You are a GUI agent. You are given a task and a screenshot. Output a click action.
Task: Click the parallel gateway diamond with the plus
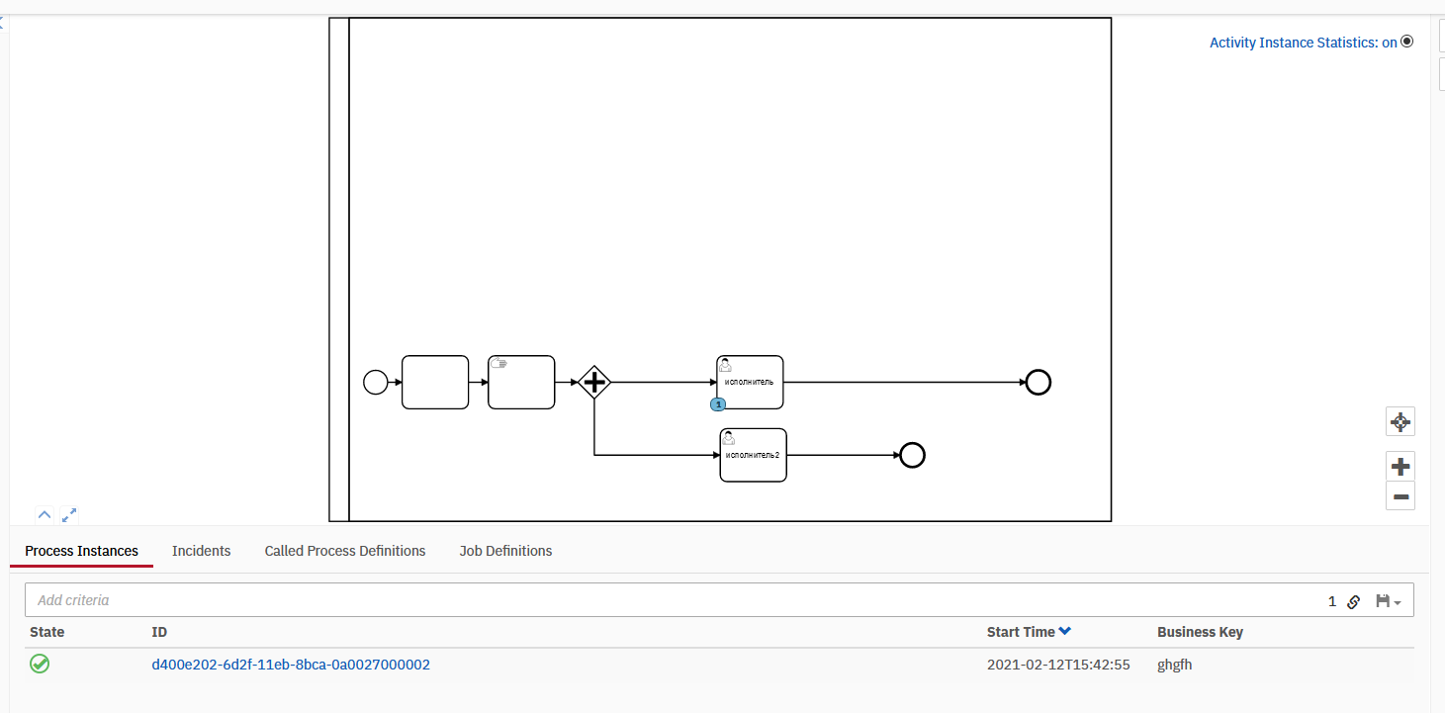coord(594,382)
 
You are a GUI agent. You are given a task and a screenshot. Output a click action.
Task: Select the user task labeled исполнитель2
coord(753,455)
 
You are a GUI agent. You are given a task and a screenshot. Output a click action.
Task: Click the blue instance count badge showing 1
coord(718,404)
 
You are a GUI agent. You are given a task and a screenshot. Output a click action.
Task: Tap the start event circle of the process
coord(376,382)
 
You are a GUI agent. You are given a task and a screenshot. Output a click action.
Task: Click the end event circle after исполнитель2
coord(912,455)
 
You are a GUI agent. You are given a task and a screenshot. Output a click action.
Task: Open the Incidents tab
coord(201,551)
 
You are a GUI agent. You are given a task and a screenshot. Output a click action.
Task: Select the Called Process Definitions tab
coord(345,551)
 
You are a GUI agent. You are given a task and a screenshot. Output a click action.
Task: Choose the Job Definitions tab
coord(505,551)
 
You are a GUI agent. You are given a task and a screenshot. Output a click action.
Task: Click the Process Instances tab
coord(81,551)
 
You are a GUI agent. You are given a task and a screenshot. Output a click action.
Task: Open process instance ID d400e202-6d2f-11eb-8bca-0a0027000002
coord(291,665)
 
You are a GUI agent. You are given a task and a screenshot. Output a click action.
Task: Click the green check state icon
coord(40,664)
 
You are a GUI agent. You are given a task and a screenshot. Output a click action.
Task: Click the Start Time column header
coord(1021,632)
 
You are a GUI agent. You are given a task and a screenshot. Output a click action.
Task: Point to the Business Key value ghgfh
coord(1175,665)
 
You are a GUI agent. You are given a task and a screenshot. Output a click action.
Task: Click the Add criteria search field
coord(671,600)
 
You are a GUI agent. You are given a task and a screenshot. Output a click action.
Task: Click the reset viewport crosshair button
coord(1400,422)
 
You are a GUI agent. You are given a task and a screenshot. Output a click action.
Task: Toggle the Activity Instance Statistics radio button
coord(1407,42)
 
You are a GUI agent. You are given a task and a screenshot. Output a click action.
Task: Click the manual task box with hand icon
coord(521,382)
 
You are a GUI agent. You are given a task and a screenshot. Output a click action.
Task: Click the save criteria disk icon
coord(1383,600)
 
